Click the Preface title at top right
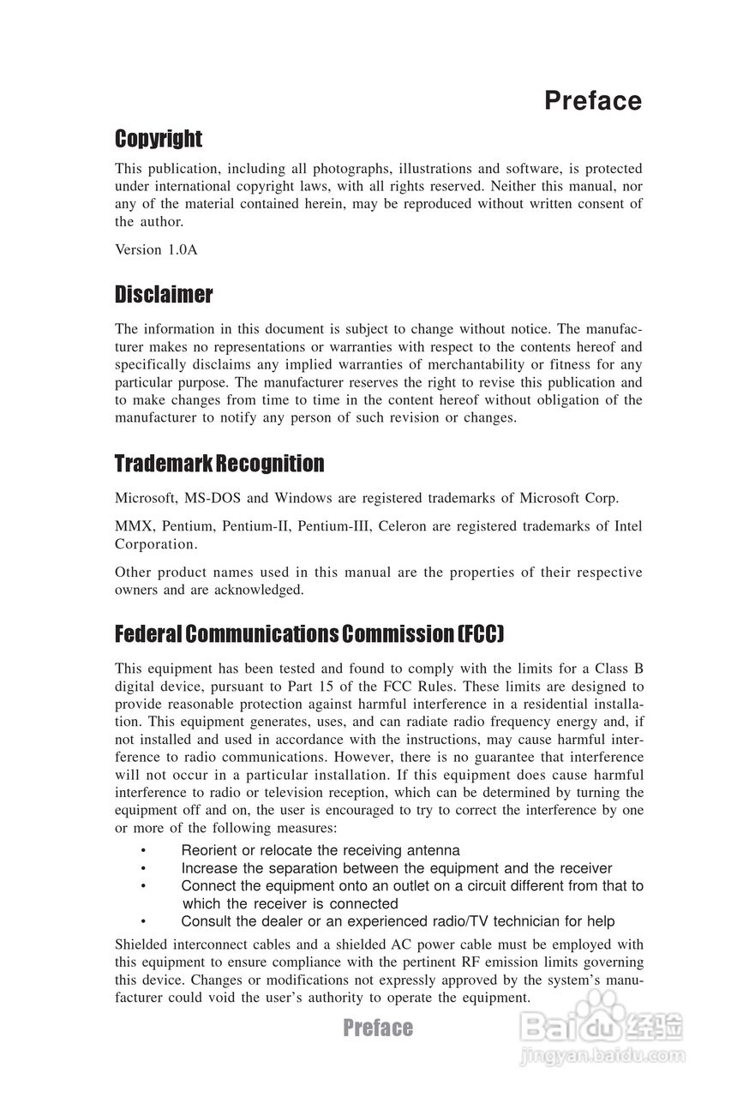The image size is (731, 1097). pyautogui.click(x=592, y=101)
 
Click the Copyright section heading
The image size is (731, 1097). pyautogui.click(x=159, y=139)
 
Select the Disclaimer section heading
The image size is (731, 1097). pyautogui.click(x=164, y=295)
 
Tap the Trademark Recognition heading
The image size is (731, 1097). pyautogui.click(x=219, y=464)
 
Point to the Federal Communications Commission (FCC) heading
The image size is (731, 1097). pyautogui.click(x=309, y=634)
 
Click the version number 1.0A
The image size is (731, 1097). pyautogui.click(x=181, y=249)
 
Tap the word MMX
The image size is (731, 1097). pyautogui.click(x=133, y=526)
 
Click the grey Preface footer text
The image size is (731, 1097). pyautogui.click(x=378, y=1028)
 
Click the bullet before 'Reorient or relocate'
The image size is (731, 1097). pyautogui.click(x=143, y=850)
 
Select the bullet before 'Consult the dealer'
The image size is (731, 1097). pyautogui.click(x=143, y=921)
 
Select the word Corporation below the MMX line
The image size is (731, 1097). pyautogui.click(x=155, y=544)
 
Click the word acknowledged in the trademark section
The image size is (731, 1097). pyautogui.click(x=261, y=590)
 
